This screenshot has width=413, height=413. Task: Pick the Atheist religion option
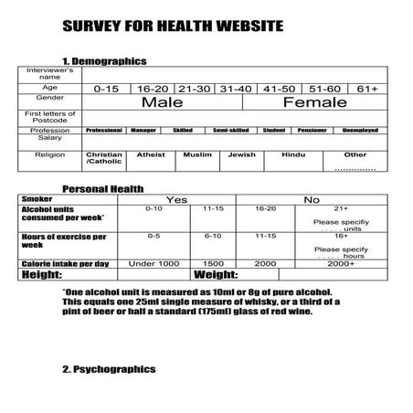(152, 155)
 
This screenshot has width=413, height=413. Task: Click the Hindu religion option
(294, 155)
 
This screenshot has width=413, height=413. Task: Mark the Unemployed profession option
(361, 131)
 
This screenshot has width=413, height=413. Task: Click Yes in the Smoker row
(177, 198)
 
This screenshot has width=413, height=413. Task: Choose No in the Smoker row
(312, 198)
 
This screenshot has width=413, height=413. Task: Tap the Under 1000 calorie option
(154, 263)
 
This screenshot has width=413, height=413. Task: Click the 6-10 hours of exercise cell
(213, 236)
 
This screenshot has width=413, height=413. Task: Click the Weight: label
(217, 273)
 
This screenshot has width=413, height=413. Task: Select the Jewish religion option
(242, 155)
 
